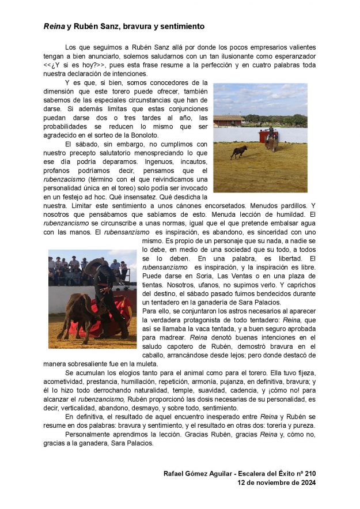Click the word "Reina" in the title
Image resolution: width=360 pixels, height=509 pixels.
coord(54,27)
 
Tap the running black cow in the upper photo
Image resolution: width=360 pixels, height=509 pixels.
coord(239,152)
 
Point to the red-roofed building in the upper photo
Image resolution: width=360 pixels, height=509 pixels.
coord(229,120)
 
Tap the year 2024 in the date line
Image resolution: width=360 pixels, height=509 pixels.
coord(305,483)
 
